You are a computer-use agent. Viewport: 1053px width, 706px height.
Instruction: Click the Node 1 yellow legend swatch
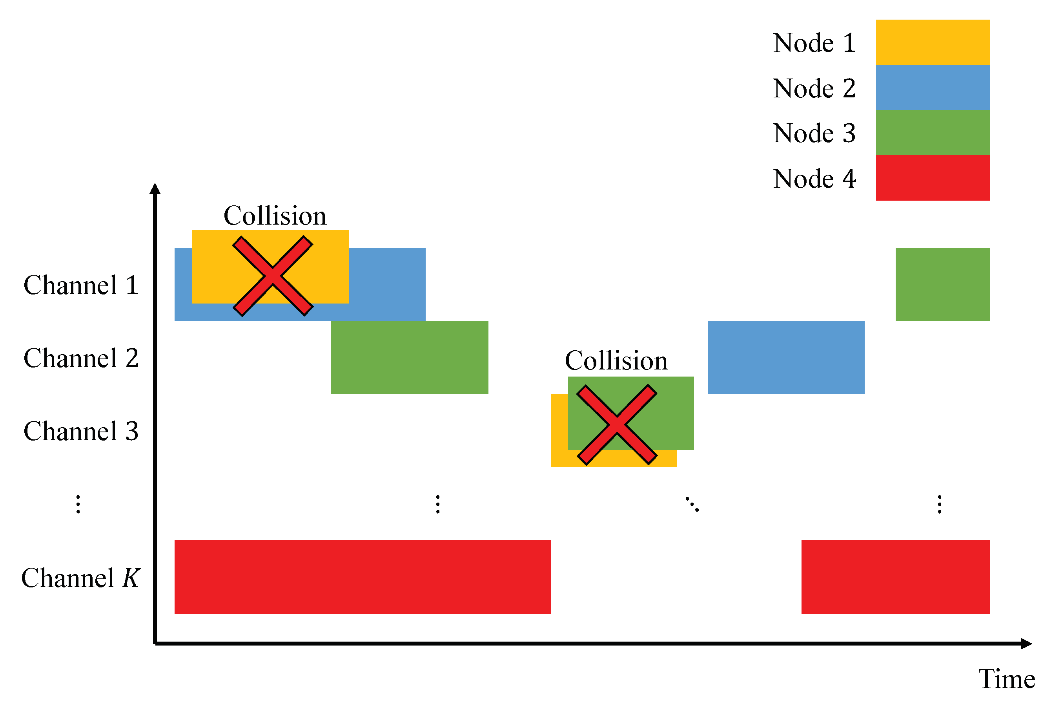[x=933, y=42]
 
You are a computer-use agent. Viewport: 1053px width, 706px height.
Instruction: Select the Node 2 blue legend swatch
[x=933, y=87]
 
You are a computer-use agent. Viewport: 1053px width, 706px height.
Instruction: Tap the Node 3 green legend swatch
[x=933, y=132]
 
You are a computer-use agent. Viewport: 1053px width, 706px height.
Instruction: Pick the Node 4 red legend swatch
[x=933, y=178]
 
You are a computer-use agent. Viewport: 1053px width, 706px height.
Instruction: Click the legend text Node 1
[x=814, y=43]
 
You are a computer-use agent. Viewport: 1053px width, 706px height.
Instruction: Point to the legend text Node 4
[x=814, y=179]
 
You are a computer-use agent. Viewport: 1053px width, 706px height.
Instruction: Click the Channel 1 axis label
[x=81, y=285]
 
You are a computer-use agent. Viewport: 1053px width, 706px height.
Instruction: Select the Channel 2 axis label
[x=81, y=358]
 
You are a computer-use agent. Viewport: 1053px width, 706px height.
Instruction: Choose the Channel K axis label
[x=81, y=578]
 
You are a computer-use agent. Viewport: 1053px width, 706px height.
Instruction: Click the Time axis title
[x=1007, y=679]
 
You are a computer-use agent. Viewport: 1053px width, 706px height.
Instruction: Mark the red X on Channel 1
[x=273, y=276]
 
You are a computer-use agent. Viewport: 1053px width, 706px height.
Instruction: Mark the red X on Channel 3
[x=617, y=424]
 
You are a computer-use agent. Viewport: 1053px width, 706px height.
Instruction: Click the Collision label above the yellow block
[x=275, y=216]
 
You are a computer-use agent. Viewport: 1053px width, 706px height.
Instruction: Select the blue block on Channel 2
[x=785, y=357]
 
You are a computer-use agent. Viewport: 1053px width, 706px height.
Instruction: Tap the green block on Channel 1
[x=942, y=284]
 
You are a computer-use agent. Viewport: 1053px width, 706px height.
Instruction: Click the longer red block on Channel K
[x=363, y=577]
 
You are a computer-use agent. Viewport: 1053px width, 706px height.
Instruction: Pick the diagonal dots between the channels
[x=692, y=504]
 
